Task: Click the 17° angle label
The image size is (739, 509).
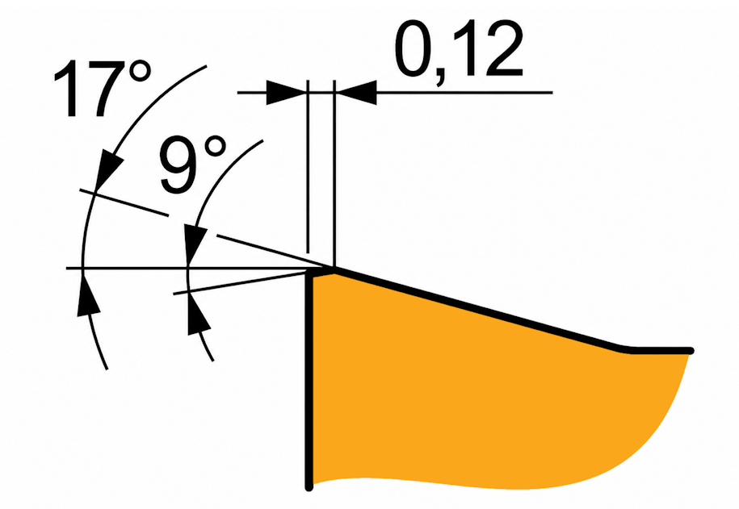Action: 103,88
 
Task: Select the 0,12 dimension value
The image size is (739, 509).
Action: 458,50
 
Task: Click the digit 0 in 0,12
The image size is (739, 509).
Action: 414,49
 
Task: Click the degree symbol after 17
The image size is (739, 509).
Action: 140,73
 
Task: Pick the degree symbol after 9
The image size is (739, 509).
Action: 214,148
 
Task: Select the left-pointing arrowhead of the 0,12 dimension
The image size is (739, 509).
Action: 355,93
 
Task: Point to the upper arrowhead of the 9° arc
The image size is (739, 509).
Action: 195,244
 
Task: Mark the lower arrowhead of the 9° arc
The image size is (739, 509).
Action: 197,314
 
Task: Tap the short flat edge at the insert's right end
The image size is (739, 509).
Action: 660,351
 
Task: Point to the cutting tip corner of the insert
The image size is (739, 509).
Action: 334,269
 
